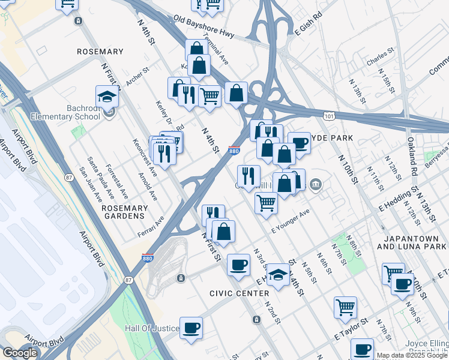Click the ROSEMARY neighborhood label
click(100, 52)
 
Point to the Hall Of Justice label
click(152, 328)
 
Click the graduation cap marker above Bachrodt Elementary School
click(107, 97)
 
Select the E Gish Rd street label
click(309, 22)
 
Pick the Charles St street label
click(379, 61)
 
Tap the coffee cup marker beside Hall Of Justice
click(191, 328)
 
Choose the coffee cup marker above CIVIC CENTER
click(238, 265)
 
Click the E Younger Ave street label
click(291, 221)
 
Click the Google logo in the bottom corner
click(20, 353)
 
